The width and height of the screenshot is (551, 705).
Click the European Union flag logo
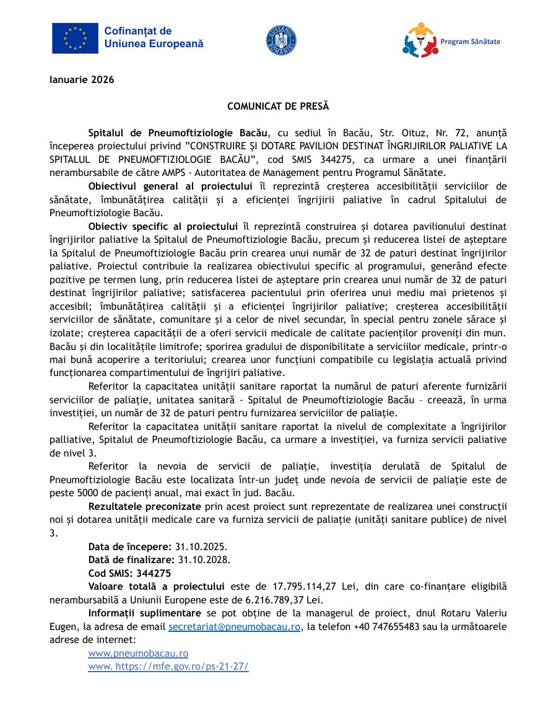click(x=75, y=38)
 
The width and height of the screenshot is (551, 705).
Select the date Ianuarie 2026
click(x=82, y=79)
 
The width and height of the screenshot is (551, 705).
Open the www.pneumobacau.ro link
click(x=138, y=653)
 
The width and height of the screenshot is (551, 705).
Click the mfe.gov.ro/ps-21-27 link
click(x=168, y=667)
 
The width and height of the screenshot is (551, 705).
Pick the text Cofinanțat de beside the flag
click(x=138, y=31)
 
